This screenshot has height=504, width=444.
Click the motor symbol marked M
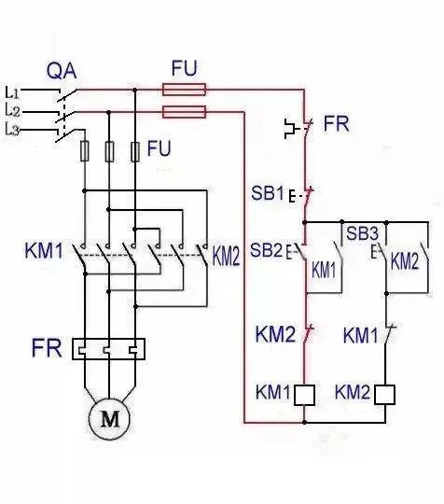click(110, 419)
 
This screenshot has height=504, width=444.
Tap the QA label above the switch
click(62, 71)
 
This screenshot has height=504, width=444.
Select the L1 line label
click(13, 91)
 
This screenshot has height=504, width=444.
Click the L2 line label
click(13, 111)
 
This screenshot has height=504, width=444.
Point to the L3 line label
click(13, 130)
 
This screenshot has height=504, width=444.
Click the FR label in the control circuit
click(336, 124)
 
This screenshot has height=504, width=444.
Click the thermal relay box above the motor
click(110, 348)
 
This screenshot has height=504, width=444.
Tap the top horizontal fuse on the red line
click(184, 91)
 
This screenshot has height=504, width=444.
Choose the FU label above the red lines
click(184, 68)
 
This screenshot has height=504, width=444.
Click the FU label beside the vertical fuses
click(160, 149)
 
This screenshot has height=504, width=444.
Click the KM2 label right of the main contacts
click(226, 254)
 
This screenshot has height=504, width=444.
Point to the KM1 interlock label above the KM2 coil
click(360, 333)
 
